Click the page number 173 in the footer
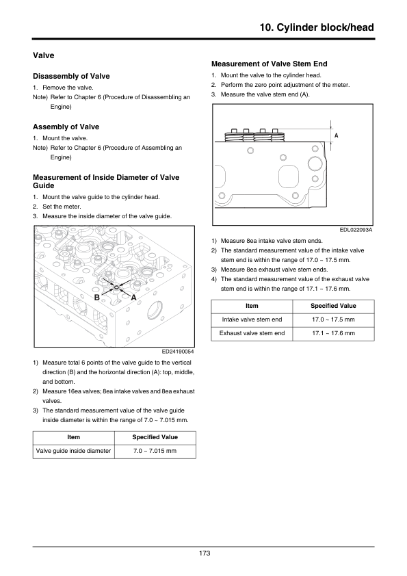(x=205, y=553)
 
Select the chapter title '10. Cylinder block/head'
(x=317, y=27)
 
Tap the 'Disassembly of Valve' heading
(x=71, y=76)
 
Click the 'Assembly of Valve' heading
(x=66, y=127)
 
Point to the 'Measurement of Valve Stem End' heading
(x=270, y=64)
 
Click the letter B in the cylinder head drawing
(x=97, y=297)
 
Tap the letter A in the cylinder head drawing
(x=133, y=298)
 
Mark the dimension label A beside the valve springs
(x=336, y=135)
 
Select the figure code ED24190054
(x=178, y=352)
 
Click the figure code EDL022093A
(x=356, y=230)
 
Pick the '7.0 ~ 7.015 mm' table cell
(x=155, y=451)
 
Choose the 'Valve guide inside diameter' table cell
(x=73, y=451)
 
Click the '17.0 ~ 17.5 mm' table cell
(x=334, y=319)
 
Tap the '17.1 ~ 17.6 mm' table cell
(x=334, y=334)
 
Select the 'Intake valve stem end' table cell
(x=252, y=319)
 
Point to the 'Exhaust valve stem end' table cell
(x=252, y=334)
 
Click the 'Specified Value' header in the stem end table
(x=334, y=306)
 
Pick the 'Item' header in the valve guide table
(x=73, y=437)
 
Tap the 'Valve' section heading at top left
(x=43, y=55)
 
